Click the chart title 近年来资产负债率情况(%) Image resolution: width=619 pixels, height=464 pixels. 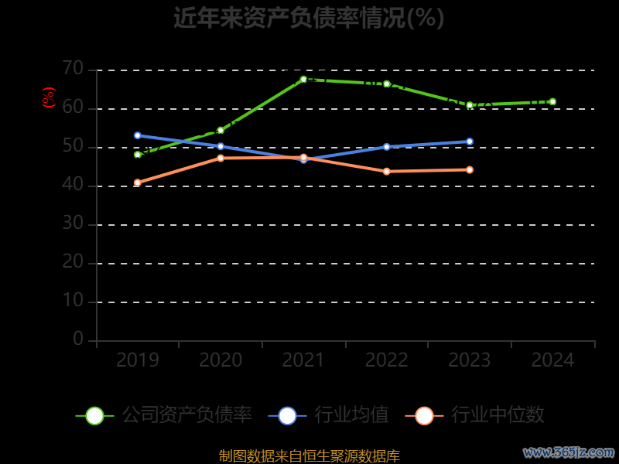(x=309, y=18)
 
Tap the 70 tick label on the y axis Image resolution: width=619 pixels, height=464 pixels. (x=73, y=69)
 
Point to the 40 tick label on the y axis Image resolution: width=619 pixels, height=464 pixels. (x=73, y=185)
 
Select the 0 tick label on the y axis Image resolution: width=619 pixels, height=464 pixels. (x=78, y=339)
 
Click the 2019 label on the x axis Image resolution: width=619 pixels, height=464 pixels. (x=138, y=360)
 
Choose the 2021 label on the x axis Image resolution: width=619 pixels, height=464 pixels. (x=303, y=360)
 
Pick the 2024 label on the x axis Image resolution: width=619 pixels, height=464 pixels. (x=553, y=360)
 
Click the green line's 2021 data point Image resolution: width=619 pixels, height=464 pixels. (x=303, y=79)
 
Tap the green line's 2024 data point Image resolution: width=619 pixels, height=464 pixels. (x=552, y=101)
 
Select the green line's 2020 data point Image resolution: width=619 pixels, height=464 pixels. (x=221, y=130)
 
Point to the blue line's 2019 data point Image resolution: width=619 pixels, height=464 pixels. (x=138, y=135)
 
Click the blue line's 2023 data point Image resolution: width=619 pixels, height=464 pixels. (x=470, y=142)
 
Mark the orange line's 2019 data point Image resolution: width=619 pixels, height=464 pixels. (x=138, y=183)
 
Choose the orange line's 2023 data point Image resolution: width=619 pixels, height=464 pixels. (x=470, y=169)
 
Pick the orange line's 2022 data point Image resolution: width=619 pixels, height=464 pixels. (x=387, y=171)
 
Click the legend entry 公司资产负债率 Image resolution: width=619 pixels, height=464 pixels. (x=164, y=415)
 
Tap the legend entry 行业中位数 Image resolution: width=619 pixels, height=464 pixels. (x=475, y=415)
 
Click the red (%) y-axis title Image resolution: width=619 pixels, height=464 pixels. (x=49, y=97)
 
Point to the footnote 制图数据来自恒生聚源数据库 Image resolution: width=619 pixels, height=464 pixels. (x=309, y=455)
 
